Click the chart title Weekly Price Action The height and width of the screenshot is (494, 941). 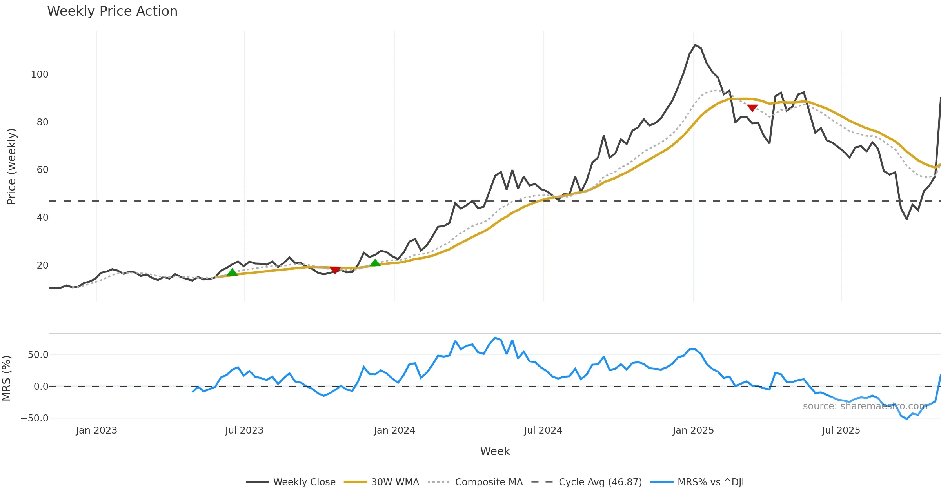112,11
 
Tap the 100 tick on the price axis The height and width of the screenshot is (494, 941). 40,74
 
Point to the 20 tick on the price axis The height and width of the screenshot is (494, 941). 42,265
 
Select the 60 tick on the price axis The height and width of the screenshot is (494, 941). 42,170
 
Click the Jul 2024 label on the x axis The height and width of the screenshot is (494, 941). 543,430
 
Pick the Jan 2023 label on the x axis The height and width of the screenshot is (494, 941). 96,430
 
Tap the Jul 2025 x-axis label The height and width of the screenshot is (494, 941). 841,430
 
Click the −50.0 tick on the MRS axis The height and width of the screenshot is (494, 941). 35,418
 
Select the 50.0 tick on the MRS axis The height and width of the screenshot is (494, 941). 38,355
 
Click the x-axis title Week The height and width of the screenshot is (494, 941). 495,452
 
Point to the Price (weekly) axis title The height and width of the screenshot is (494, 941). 11,167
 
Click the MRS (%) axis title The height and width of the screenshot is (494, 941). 6,378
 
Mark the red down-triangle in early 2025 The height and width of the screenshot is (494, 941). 752,108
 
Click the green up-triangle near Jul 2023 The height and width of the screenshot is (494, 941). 232,272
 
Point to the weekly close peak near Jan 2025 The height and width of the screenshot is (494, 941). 695,45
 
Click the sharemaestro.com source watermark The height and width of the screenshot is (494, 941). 865,406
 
